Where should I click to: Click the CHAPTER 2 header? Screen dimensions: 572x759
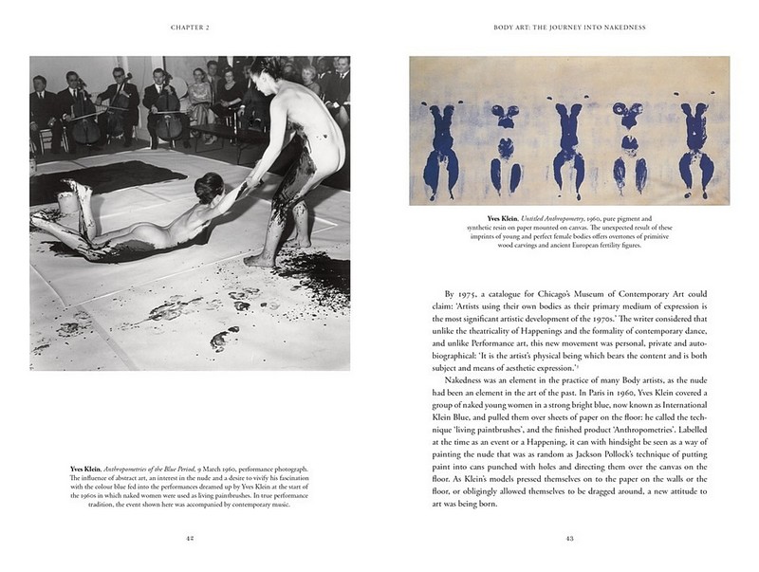click(190, 28)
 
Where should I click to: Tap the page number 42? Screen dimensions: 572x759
click(190, 539)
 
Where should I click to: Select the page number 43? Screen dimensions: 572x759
click(569, 539)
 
